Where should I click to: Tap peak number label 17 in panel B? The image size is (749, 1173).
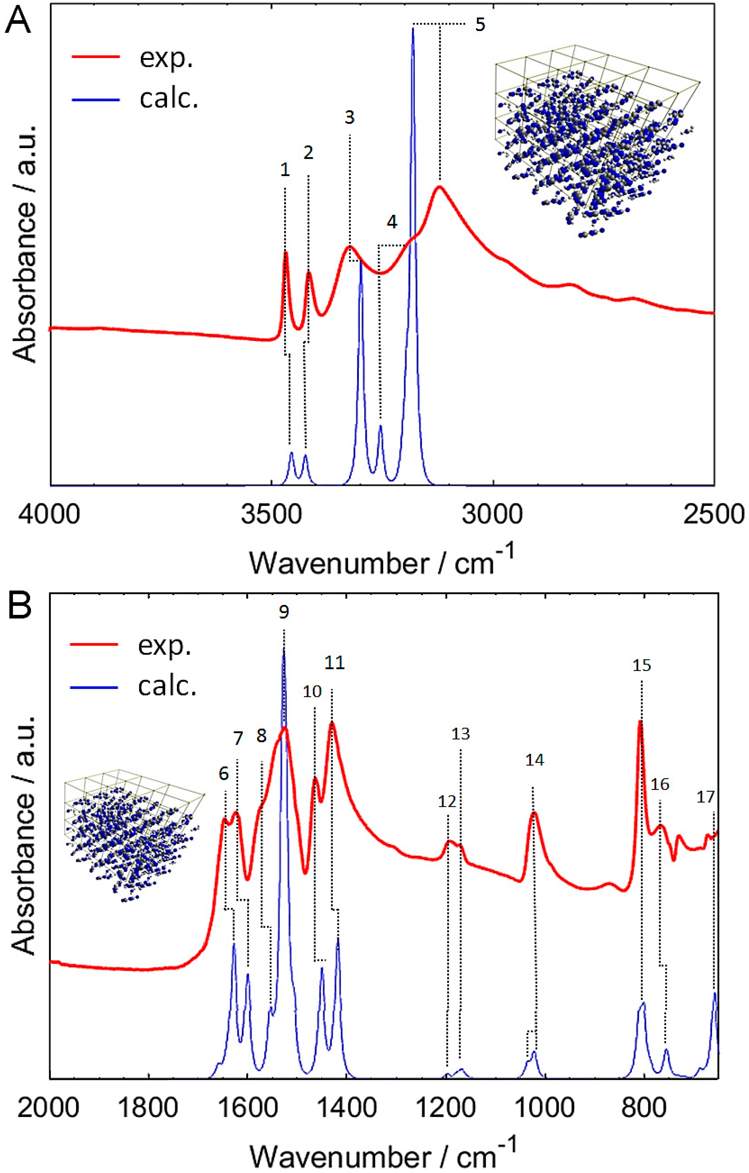point(706,797)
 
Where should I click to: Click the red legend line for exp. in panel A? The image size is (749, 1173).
point(95,57)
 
